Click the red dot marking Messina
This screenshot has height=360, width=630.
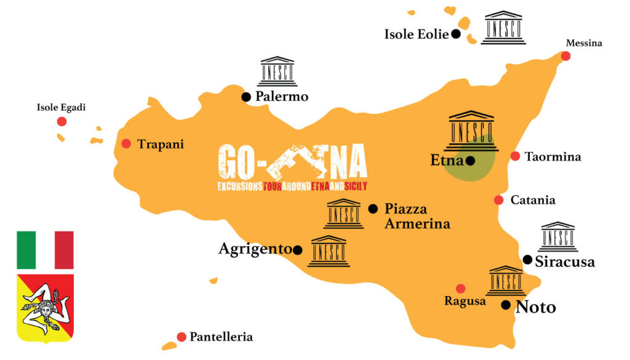point(565,56)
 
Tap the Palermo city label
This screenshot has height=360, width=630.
point(282,97)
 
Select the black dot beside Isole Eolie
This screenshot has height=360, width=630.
point(456,34)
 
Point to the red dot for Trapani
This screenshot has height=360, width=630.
point(126,143)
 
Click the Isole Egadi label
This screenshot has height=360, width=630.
point(62,108)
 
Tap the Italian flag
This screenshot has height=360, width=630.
point(45,250)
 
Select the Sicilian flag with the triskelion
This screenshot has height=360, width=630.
point(45,308)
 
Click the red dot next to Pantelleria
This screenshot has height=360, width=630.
point(181,337)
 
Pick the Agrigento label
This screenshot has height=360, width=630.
point(255,249)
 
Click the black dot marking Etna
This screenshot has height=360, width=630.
point(470,161)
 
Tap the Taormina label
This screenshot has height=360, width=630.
point(552,157)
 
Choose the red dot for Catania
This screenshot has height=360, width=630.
point(498,200)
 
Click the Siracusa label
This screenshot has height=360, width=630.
point(565,262)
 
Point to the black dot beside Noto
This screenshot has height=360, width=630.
point(505,305)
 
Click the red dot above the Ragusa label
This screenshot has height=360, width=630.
point(460,288)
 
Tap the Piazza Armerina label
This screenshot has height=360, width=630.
point(417,216)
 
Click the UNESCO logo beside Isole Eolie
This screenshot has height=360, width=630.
point(503,28)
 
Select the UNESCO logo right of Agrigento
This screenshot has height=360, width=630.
point(329,251)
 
